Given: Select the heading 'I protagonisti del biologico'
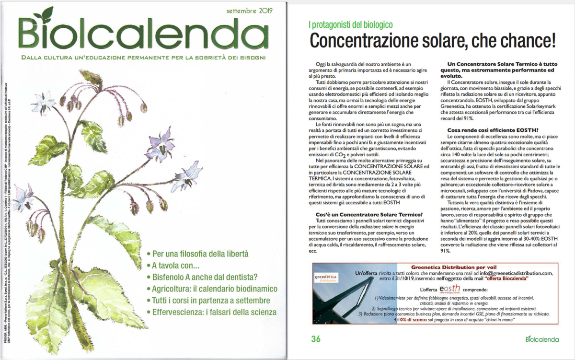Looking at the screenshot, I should [x=350, y=24].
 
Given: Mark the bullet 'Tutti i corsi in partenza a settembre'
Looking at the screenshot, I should [x=208, y=301].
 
